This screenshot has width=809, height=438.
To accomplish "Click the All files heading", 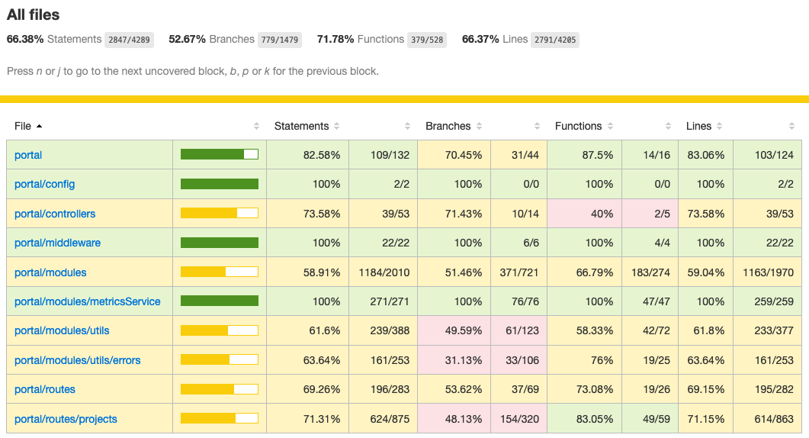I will tap(34, 14).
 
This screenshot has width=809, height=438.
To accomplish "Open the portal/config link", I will tap(44, 184).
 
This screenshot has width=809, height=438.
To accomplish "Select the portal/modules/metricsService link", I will tap(87, 301).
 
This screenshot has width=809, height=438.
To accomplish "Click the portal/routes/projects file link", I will tap(66, 419).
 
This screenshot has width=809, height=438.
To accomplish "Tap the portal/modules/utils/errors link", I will tap(77, 360).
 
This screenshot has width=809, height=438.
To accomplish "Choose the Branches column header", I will tap(448, 126).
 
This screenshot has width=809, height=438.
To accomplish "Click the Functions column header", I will tap(578, 126).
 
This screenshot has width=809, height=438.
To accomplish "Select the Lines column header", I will tap(698, 126).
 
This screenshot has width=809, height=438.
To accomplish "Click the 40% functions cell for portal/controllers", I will tap(585, 214).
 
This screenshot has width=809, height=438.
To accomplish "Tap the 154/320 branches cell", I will tap(518, 419).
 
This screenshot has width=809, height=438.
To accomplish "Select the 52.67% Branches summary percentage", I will tap(184, 39).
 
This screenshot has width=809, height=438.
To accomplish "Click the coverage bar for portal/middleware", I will tap(220, 243).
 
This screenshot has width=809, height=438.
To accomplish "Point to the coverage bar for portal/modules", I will tap(220, 272).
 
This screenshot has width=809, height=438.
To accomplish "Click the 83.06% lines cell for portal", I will tap(705, 155).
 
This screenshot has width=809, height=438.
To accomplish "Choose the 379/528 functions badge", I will tap(426, 40).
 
